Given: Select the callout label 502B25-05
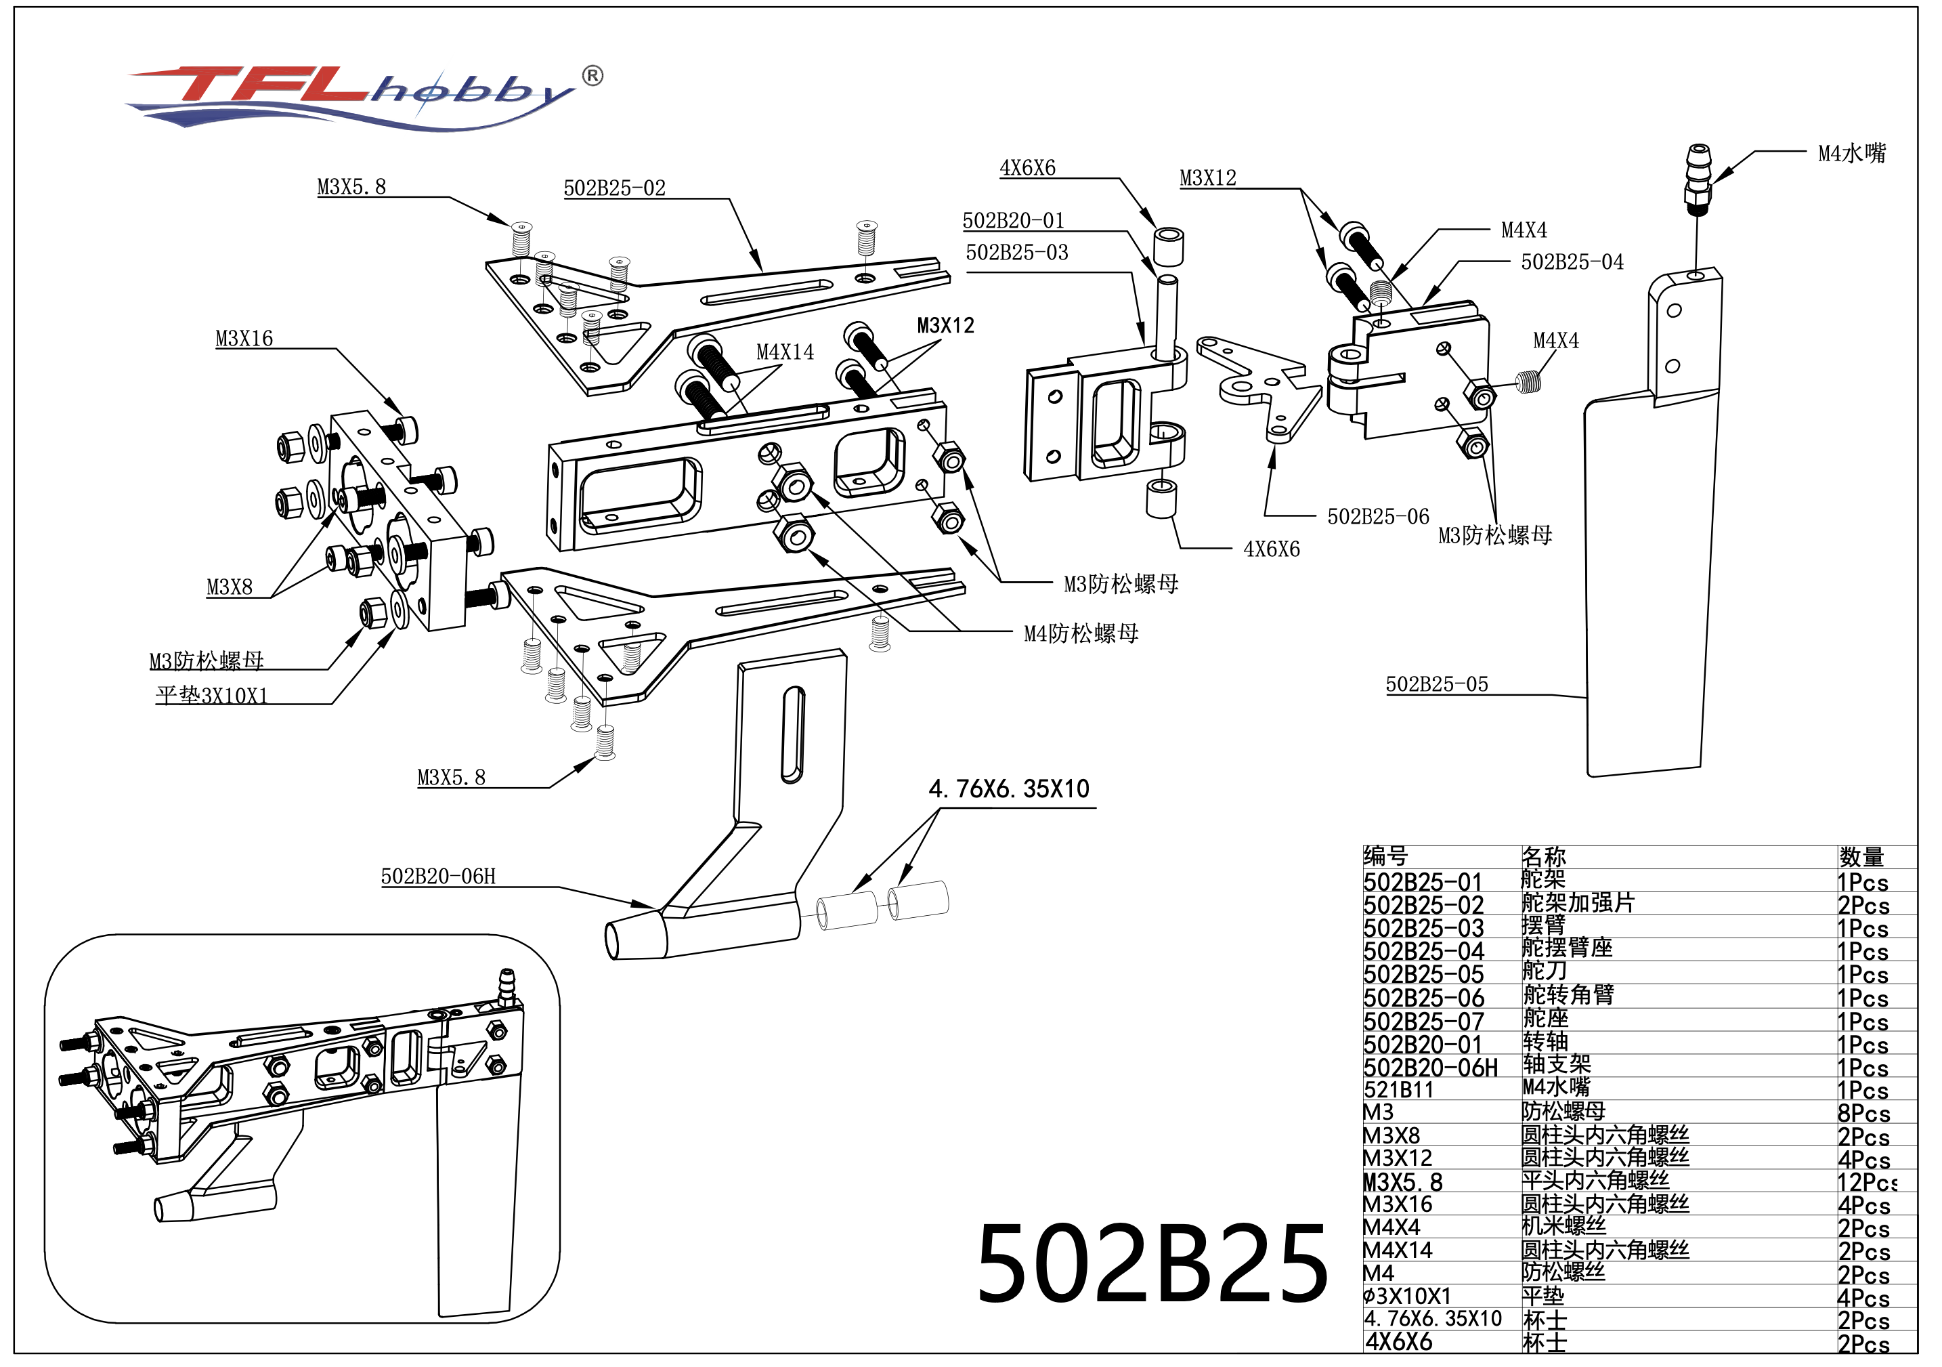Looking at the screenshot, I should pos(1436,684).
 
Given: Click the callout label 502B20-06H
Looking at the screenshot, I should pos(438,877).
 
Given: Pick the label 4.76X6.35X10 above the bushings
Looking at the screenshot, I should pos(1008,789).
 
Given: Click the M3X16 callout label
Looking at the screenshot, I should pos(244,339).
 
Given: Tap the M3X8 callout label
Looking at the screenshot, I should pos(230,587).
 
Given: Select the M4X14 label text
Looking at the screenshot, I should pos(784,352).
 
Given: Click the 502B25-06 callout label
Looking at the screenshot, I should pos(1377,516).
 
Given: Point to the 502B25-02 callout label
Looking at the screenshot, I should pos(614,188).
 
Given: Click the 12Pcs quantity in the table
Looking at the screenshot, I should pos(1866,1182).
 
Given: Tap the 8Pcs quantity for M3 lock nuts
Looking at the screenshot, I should pos(1863,1113).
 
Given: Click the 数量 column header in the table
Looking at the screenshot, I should pos(1861,857).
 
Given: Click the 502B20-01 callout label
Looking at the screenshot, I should pos(1012,221).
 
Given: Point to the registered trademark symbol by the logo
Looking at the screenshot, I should pos(593,76).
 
